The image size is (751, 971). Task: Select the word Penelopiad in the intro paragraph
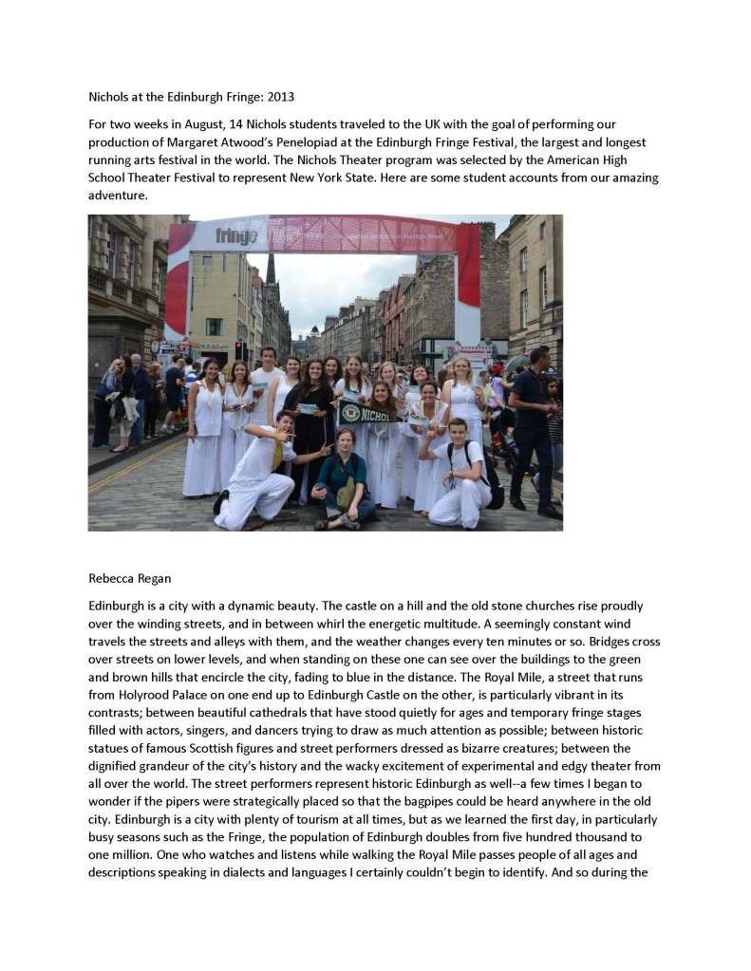click(343, 141)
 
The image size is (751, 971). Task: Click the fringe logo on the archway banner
click(235, 235)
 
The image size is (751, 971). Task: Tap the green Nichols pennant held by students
click(366, 412)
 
